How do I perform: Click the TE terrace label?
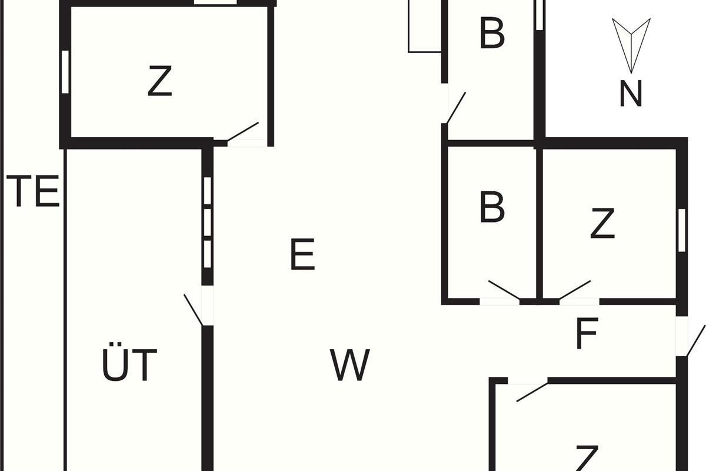click(x=33, y=191)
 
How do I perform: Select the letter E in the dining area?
click(x=302, y=254)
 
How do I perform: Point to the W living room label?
click(x=350, y=364)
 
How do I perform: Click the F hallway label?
click(x=587, y=333)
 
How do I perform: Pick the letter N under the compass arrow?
click(x=631, y=94)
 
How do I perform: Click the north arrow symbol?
click(x=631, y=46)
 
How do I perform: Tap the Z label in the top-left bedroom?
click(x=160, y=81)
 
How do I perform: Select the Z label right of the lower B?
click(x=602, y=223)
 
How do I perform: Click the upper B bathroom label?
click(x=492, y=34)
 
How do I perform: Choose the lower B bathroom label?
click(x=492, y=207)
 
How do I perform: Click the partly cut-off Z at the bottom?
click(x=587, y=458)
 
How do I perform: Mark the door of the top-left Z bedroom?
click(x=242, y=131)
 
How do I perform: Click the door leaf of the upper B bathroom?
click(x=456, y=108)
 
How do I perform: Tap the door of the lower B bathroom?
click(x=504, y=290)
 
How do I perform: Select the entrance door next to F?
click(x=696, y=341)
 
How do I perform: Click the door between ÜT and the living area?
click(x=194, y=310)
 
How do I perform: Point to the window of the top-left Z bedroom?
click(x=65, y=72)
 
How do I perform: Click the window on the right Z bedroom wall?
click(x=682, y=230)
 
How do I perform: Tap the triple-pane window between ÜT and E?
click(x=207, y=223)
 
